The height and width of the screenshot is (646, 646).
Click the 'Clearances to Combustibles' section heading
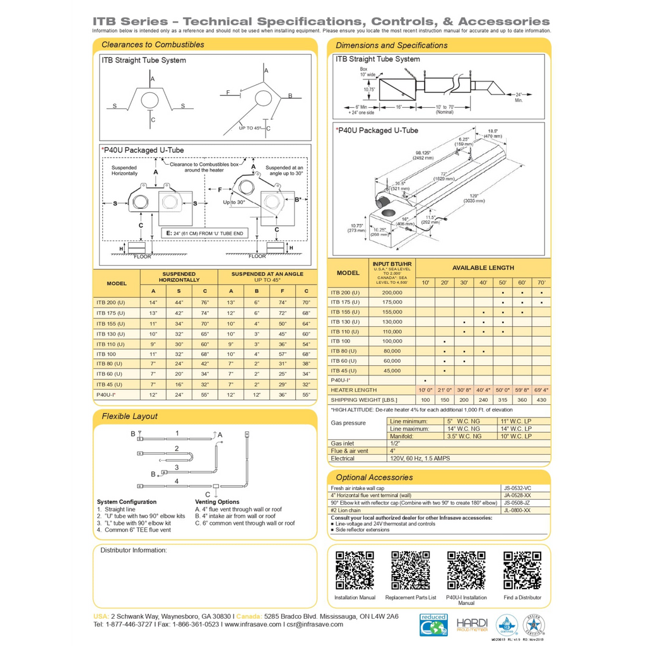153,45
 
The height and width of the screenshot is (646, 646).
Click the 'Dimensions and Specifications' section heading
391,45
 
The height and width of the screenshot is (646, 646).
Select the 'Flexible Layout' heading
129,416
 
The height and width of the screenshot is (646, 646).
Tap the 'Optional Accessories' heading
374,478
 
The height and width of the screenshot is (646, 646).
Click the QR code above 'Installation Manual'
355,570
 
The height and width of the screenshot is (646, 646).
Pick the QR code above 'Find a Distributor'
522,570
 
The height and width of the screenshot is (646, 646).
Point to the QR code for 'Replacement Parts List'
411,570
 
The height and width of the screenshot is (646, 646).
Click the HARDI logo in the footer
472,625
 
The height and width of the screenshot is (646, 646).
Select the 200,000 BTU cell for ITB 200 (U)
392,293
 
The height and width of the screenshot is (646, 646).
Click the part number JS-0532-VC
517,488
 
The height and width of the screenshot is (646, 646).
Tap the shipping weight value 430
541,400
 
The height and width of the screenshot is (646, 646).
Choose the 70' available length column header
541,283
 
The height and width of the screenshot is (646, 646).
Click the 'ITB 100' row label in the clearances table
105,355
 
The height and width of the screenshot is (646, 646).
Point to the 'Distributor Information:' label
134,550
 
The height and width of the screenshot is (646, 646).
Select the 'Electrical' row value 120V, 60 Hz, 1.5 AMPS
420,459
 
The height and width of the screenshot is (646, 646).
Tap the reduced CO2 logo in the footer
433,624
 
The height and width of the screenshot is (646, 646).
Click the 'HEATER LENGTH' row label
353,390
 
